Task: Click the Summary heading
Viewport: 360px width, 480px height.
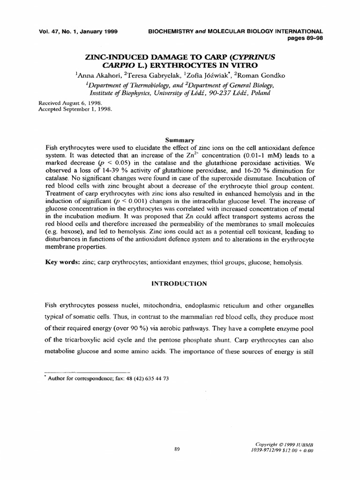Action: [x=180, y=140]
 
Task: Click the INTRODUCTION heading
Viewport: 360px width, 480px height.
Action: [x=180, y=283]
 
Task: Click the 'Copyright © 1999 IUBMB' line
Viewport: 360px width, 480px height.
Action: [x=284, y=444]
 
